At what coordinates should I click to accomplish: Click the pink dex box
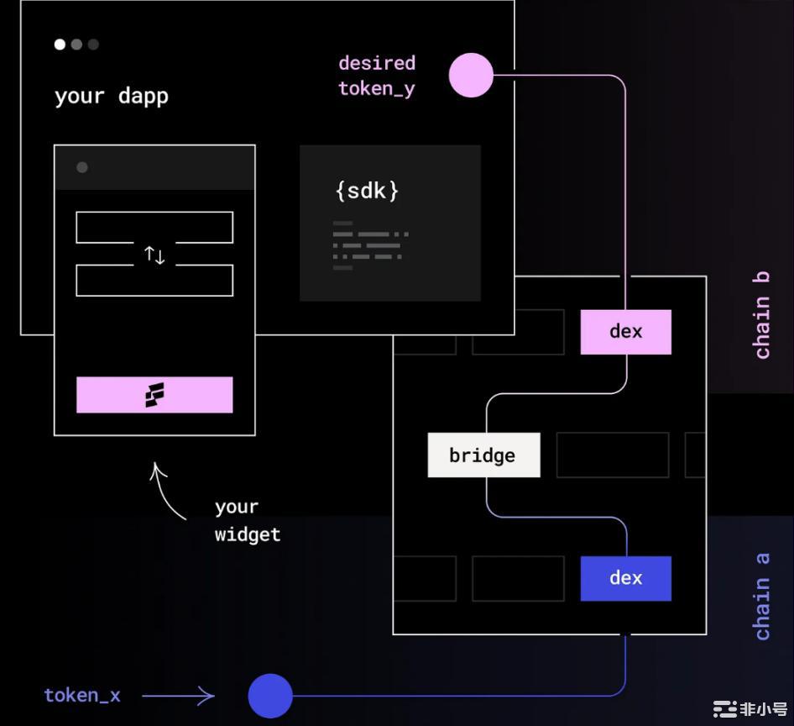[625, 331]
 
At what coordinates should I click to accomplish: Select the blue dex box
[625, 578]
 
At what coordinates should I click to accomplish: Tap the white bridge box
[483, 455]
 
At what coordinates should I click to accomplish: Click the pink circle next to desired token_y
[471, 76]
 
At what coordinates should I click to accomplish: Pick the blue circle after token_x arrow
[270, 696]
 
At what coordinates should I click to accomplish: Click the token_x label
[82, 696]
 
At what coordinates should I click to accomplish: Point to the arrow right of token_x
[178, 696]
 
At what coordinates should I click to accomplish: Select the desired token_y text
[377, 76]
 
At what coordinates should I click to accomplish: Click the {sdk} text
[367, 191]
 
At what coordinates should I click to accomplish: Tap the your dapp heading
[112, 96]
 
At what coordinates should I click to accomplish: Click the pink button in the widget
[154, 395]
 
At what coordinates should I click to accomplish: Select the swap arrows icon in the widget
[154, 255]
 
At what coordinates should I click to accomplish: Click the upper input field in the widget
[154, 228]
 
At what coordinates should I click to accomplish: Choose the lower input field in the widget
[154, 281]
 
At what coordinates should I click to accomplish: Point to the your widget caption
[247, 520]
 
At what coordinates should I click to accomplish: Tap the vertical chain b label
[762, 316]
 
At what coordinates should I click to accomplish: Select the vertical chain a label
[762, 596]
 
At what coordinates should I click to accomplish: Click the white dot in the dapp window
[60, 45]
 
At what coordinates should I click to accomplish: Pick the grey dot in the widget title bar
[82, 167]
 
